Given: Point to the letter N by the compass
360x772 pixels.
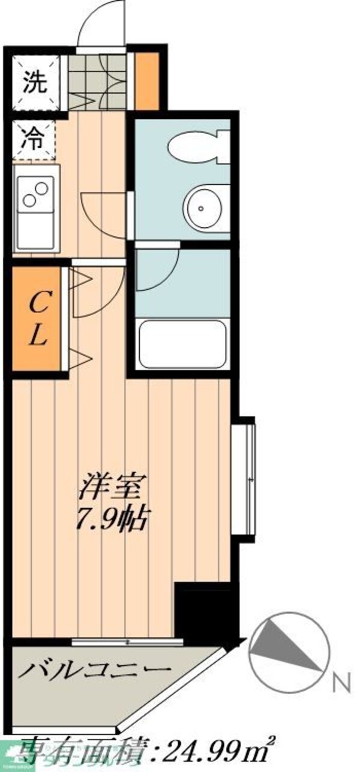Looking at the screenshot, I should pyautogui.click(x=341, y=681).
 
